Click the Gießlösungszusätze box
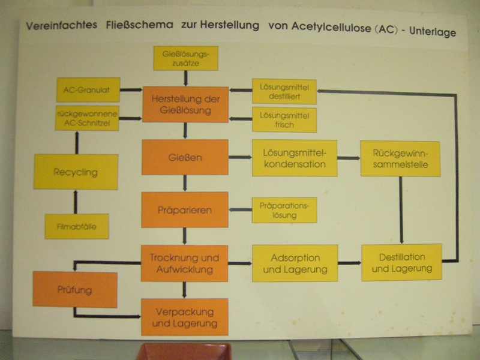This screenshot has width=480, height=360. pos(186,58)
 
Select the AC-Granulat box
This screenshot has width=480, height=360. pos(88,89)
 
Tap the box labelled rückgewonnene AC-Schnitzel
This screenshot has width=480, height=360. pos(87,118)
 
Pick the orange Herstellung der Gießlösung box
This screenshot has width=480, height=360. pos(185,104)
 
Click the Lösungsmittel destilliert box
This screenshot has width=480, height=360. pos(284,92)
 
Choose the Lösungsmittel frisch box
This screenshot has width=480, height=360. pos(284,119)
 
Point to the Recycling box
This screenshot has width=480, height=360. pos(76,172)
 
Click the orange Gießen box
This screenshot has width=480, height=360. pos(185,157)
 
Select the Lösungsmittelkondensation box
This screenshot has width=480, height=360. pos(295,158)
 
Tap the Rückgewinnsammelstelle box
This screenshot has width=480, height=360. pos(400,158)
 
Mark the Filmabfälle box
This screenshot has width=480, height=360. pos(77,226)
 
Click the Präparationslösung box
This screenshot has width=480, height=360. pos(284,210)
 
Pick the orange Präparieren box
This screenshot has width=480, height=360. pos(185,209)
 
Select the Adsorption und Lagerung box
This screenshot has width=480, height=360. pos(295,263)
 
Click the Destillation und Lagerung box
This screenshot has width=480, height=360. pos(401,262)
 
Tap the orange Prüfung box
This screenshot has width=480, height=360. pos(75,290)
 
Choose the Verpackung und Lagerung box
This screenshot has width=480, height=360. pos(185,317)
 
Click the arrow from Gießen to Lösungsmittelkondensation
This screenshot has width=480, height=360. pos(241,157)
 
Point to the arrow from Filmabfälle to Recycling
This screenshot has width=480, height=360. pos(76,202)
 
